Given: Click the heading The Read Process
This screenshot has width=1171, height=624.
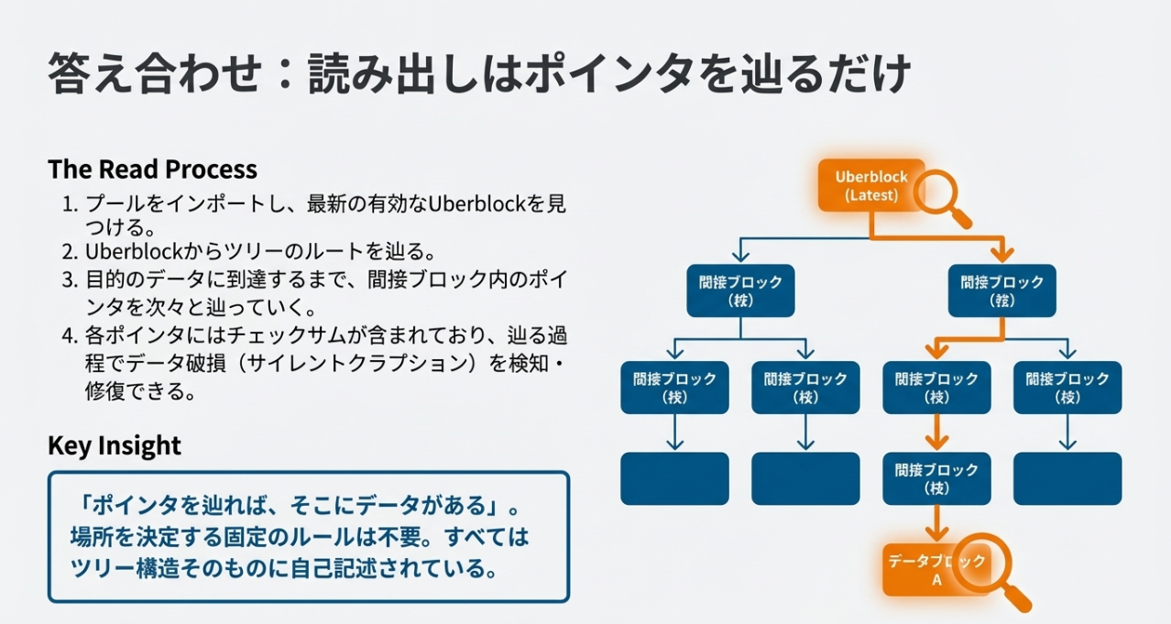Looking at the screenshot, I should pyautogui.click(x=152, y=170).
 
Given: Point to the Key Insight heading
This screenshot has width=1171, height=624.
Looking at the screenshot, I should pyautogui.click(x=115, y=445).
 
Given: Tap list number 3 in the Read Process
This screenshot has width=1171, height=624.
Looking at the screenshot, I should pyautogui.click(x=69, y=278).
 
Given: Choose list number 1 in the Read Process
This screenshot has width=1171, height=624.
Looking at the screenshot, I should pyautogui.click(x=69, y=203).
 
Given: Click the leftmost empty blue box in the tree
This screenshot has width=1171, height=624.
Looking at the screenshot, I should pyautogui.click(x=674, y=478).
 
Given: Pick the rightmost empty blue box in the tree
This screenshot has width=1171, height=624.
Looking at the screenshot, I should pyautogui.click(x=1067, y=478).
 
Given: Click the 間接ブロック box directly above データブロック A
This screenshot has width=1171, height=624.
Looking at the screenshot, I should pyautogui.click(x=936, y=478).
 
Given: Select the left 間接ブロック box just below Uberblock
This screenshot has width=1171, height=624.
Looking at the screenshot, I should pyautogui.click(x=740, y=290).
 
